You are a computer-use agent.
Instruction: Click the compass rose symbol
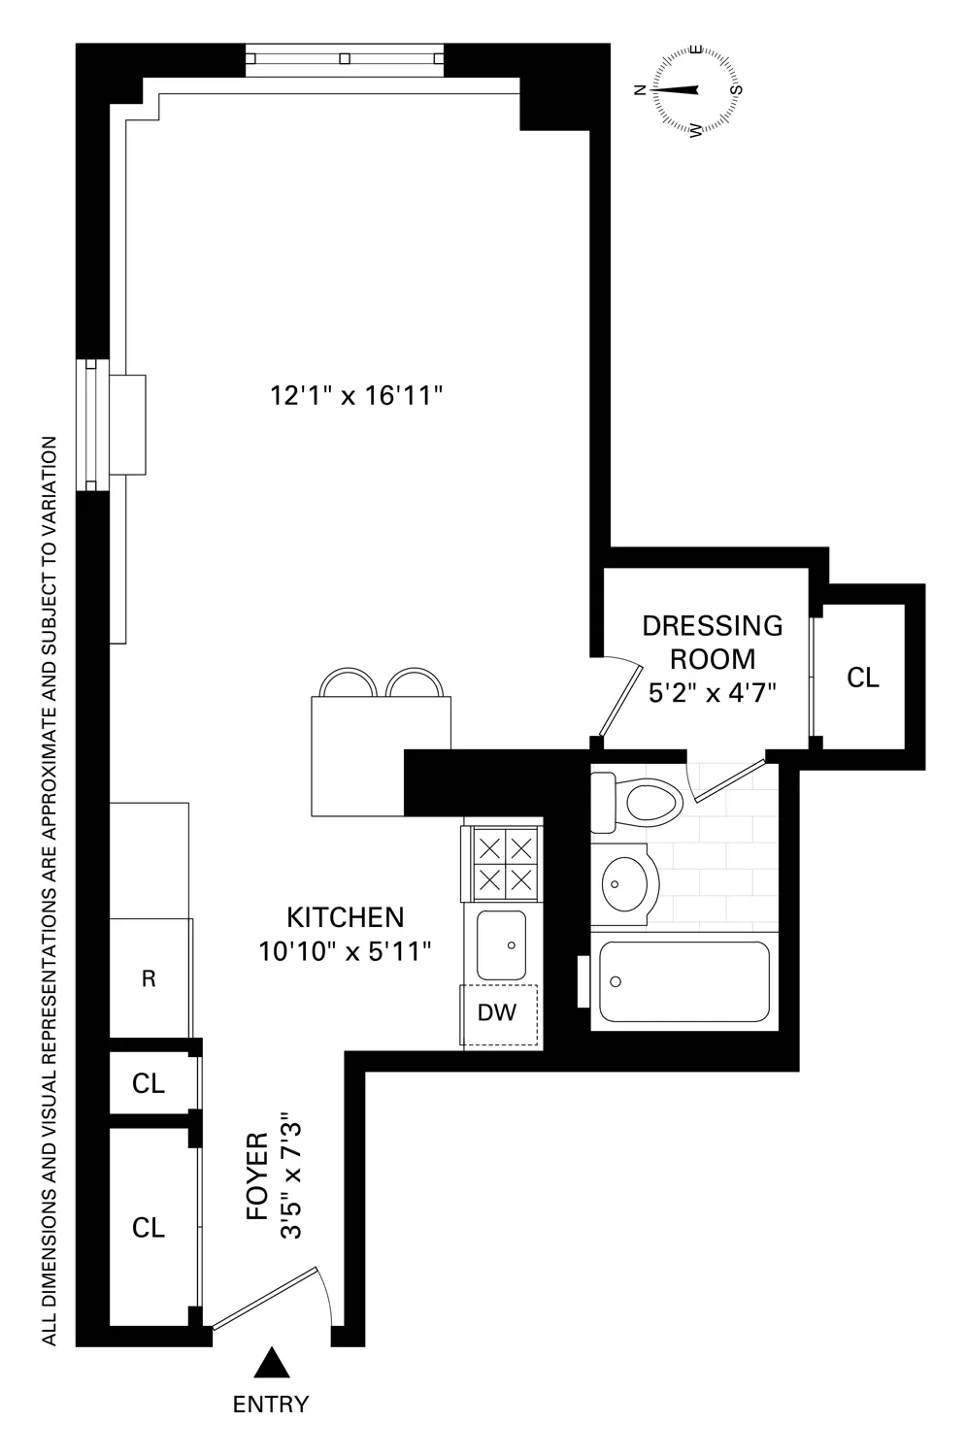[x=696, y=89]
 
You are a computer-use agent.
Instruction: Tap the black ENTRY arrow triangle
[x=272, y=1365]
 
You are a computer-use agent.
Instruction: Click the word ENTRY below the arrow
[x=271, y=1404]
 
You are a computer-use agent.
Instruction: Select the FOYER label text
[x=256, y=1176]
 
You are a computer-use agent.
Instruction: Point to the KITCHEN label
[x=345, y=916]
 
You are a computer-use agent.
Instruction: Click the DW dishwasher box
[x=498, y=1013]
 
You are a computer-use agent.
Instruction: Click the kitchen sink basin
[x=501, y=944]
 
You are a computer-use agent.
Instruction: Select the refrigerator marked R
[x=150, y=978]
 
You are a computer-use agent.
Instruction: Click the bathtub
[x=685, y=981]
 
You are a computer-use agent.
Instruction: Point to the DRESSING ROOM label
[x=713, y=642]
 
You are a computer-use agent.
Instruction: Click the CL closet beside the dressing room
[x=862, y=677]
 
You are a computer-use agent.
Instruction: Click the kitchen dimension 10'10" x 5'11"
[x=345, y=951]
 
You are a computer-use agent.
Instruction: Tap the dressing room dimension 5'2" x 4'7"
[x=713, y=692]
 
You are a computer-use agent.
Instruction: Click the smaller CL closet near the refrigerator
[x=149, y=1083]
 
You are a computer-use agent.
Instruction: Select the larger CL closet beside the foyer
[x=149, y=1227]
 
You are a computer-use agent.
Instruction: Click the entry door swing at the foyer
[x=277, y=1297]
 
